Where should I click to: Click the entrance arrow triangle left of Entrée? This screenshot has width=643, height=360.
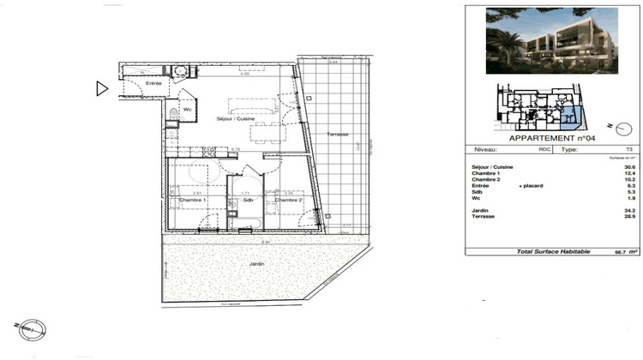(x=102, y=87)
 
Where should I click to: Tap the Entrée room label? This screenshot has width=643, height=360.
(x=153, y=83)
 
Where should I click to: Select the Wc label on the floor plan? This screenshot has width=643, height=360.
(x=187, y=110)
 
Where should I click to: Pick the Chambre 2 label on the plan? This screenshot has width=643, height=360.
(x=289, y=201)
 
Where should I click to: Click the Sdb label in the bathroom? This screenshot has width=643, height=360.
(x=245, y=201)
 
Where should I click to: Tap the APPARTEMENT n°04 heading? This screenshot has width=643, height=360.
(x=552, y=137)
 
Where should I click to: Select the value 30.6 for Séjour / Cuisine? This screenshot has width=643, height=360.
(x=629, y=167)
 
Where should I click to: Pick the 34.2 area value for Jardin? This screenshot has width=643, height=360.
(x=629, y=211)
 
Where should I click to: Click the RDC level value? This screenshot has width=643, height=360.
(x=544, y=148)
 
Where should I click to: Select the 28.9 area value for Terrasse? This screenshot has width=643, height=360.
(x=629, y=218)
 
